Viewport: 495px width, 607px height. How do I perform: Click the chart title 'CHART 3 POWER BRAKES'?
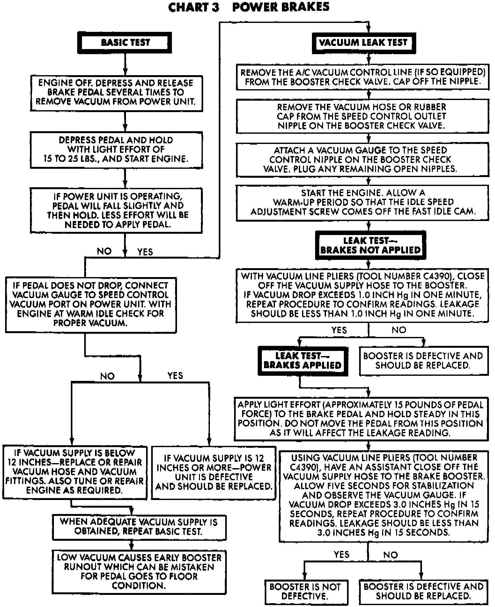[248, 7]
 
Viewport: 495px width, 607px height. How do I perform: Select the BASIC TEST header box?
[125, 42]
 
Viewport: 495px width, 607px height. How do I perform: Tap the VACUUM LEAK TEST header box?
[364, 42]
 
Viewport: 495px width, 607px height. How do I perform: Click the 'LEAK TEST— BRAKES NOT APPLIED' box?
[370, 245]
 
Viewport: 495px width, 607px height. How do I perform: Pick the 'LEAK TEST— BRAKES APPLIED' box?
[302, 360]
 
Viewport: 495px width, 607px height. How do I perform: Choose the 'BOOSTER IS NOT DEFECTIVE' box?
[305, 591]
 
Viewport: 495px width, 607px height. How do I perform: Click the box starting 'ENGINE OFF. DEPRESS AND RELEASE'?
[116, 92]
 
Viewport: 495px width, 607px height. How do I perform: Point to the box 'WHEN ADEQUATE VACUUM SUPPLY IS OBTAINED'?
[139, 526]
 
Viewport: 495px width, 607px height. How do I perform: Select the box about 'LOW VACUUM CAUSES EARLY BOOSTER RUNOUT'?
[139, 571]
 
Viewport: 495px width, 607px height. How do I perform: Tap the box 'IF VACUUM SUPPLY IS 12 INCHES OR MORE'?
[213, 472]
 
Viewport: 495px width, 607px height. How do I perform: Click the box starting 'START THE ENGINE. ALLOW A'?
[362, 202]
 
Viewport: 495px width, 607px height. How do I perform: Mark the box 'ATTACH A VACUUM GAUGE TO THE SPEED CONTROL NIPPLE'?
[362, 160]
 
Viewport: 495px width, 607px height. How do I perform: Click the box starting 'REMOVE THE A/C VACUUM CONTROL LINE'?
[362, 77]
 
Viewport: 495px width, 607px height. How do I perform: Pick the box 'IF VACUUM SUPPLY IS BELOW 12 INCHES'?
[75, 472]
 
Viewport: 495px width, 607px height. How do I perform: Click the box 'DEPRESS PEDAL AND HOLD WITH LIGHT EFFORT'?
[116, 150]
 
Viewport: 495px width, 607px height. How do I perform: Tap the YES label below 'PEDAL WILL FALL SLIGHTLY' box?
[145, 252]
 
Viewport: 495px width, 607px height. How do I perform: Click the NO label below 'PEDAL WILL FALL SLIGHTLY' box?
[104, 251]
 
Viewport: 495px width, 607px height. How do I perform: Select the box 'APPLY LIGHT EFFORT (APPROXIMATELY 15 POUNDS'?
[361, 418]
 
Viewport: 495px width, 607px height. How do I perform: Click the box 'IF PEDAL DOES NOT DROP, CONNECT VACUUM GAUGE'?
[91, 304]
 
